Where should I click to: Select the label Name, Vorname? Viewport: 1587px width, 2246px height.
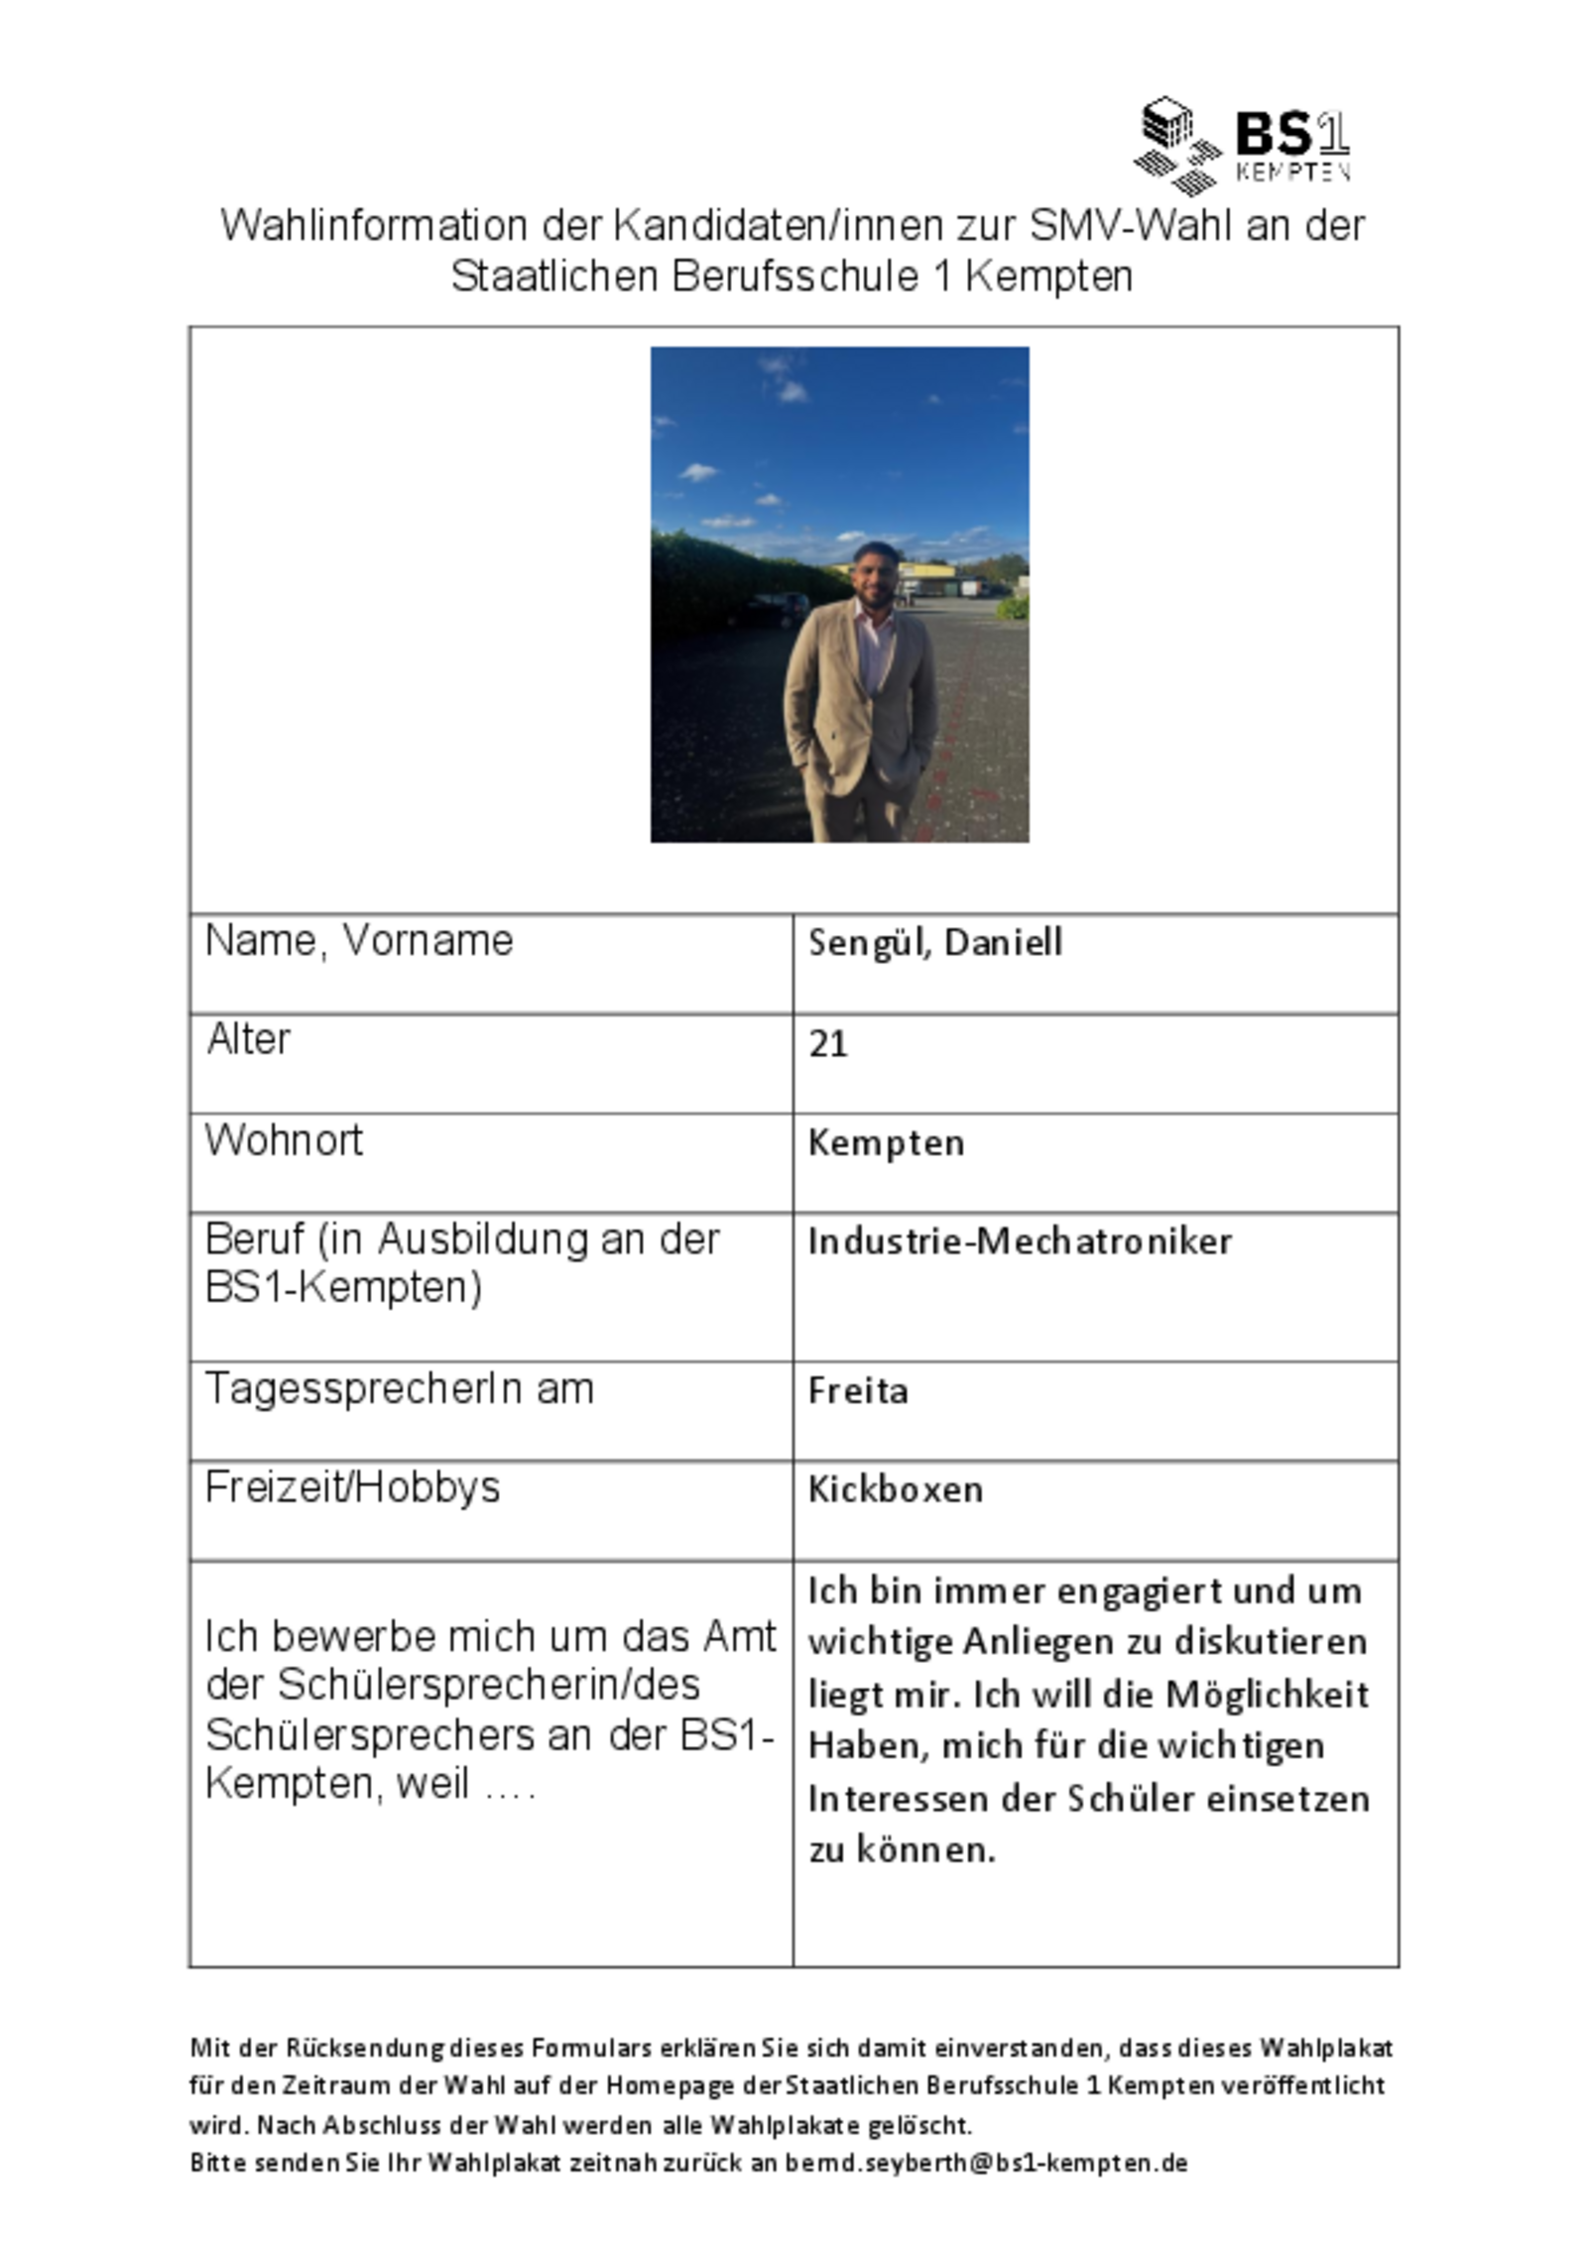(359, 940)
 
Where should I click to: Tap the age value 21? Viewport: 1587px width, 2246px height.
(827, 1043)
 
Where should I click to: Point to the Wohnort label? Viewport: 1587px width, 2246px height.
(284, 1140)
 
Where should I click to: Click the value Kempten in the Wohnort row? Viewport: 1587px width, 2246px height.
(885, 1142)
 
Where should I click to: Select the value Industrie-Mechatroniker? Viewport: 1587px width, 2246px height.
(1019, 1241)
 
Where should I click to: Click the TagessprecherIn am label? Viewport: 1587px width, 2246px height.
(399, 1388)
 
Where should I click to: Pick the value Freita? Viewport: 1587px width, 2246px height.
(857, 1390)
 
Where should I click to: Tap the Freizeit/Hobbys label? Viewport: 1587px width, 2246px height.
(352, 1487)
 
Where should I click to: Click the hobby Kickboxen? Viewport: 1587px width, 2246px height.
(895, 1489)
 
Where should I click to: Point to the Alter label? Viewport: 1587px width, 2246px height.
(248, 1039)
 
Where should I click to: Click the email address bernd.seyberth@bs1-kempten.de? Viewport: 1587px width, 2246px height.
(986, 2163)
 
